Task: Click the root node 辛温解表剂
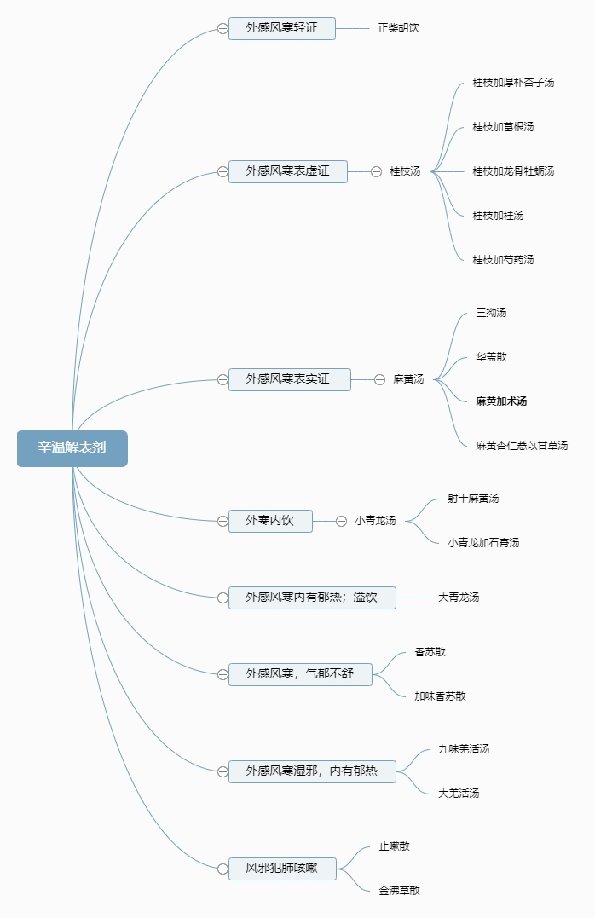click(72, 448)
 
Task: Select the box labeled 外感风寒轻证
click(281, 28)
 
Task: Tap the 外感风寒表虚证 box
click(287, 171)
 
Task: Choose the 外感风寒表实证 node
click(289, 379)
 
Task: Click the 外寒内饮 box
click(270, 521)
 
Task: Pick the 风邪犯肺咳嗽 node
click(281, 869)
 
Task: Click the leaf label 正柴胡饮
click(398, 28)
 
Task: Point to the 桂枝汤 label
click(405, 171)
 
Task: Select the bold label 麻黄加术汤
click(501, 401)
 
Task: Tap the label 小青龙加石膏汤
click(483, 543)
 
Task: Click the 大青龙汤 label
click(459, 598)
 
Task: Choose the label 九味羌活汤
click(464, 749)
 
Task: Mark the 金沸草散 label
click(399, 891)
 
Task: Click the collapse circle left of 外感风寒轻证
click(222, 28)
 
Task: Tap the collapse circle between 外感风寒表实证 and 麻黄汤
click(379, 379)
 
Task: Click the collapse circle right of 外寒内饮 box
click(341, 521)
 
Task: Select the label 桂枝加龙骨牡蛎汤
click(513, 171)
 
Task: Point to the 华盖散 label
click(491, 357)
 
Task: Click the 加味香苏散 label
click(440, 696)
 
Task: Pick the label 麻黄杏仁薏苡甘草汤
click(522, 446)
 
